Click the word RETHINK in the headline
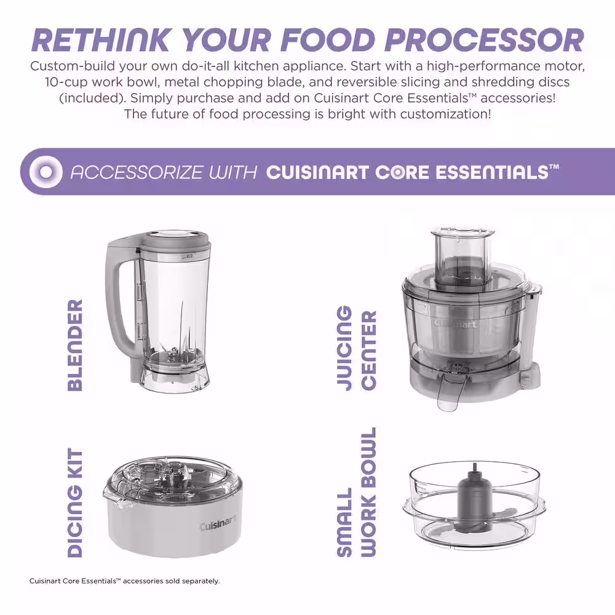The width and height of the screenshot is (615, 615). coord(102,41)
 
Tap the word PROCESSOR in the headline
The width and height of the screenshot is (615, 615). coord(485,41)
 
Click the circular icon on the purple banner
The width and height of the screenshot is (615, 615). coord(46,172)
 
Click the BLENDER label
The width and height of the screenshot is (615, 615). coord(75,345)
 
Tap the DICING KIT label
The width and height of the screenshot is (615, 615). coord(75,502)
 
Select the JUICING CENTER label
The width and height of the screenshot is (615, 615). coord(357,348)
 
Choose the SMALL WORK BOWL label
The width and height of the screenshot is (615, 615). coord(357,492)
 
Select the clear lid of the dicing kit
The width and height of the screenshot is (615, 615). coord(173,478)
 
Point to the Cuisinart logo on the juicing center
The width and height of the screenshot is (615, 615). coord(455,324)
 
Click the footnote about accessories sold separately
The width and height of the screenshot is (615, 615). coord(124,581)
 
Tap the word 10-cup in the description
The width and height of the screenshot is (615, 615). coord(66,82)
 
